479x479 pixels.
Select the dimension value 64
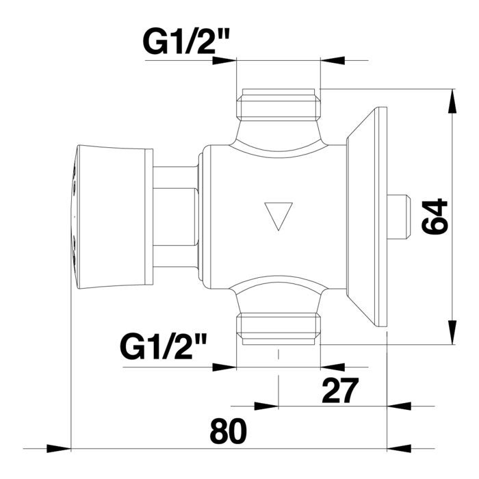click(x=435, y=217)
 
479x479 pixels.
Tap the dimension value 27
click(x=339, y=391)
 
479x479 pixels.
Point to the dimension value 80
click(x=228, y=432)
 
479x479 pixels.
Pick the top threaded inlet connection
click(x=278, y=103)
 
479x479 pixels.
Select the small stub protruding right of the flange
click(x=398, y=217)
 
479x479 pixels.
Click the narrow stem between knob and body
click(x=174, y=216)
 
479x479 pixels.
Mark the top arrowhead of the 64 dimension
click(x=452, y=99)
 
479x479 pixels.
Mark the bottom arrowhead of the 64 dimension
click(x=452, y=335)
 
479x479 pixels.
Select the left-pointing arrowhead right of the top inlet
click(x=332, y=60)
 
